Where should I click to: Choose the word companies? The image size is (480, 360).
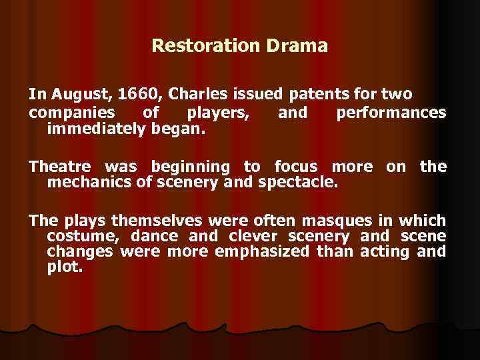coord(71,112)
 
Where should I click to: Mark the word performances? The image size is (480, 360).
coord(391,112)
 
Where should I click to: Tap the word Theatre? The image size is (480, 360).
coord(62,167)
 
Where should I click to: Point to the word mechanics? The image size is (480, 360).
coord(89,181)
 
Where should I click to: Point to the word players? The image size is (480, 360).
coord(219,112)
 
